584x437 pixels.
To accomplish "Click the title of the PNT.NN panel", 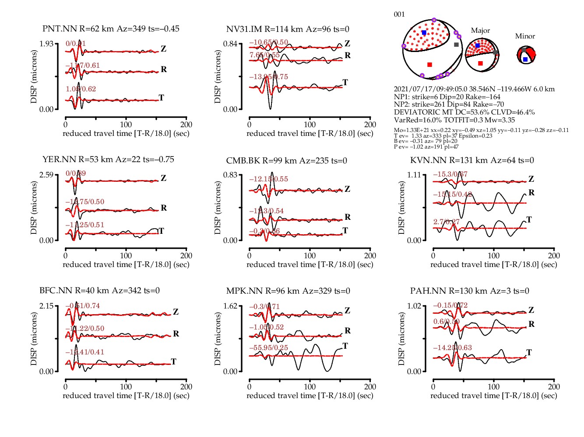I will pyautogui.click(x=111, y=29).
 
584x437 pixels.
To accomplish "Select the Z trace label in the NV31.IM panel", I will pyautogui.click(x=347, y=43).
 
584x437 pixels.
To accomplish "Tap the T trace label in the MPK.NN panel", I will pyautogui.click(x=345, y=346).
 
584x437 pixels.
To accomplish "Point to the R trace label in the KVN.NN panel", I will pyautogui.click(x=531, y=192).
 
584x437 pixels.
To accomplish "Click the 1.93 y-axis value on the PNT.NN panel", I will pyautogui.click(x=46, y=44).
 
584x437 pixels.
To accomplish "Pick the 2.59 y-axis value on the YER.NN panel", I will pyautogui.click(x=46, y=175).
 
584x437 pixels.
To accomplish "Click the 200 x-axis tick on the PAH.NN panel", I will pyautogui.click(x=554, y=386).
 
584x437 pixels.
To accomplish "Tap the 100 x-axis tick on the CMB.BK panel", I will pyautogui.click(x=310, y=255).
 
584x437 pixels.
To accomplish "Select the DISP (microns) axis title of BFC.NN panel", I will pyautogui.click(x=34, y=339).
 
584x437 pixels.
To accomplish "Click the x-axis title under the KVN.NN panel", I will pyautogui.click(x=493, y=264).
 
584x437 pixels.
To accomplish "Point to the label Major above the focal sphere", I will pyautogui.click(x=480, y=31).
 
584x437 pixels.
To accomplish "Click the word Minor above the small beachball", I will pyautogui.click(x=525, y=36).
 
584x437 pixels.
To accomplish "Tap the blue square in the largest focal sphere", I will pyautogui.click(x=424, y=33).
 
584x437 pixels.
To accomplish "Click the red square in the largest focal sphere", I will pyautogui.click(x=429, y=65).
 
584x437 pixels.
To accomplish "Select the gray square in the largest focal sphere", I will pyautogui.click(x=456, y=45).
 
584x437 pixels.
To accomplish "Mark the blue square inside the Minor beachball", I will pyautogui.click(x=525, y=59).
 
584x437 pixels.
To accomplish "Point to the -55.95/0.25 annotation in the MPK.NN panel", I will pyautogui.click(x=268, y=348).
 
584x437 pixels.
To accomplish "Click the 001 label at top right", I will pyautogui.click(x=399, y=14).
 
